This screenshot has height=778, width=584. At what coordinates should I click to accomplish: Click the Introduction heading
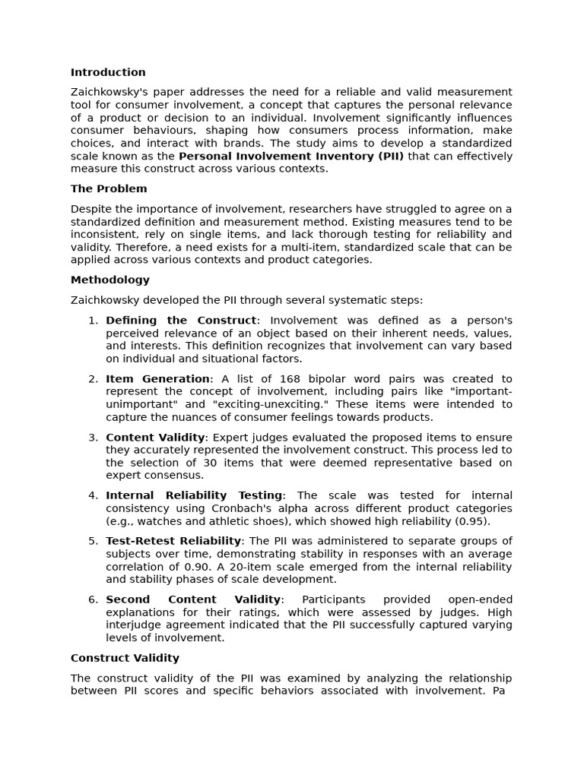pyautogui.click(x=108, y=73)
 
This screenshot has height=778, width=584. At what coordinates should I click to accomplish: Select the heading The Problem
pyautogui.click(x=109, y=189)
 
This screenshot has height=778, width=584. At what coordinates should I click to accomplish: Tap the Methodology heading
pyautogui.click(x=110, y=280)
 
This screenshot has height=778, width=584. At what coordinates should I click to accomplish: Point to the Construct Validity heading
pyautogui.click(x=125, y=659)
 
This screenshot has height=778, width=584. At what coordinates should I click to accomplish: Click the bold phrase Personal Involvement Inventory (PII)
pyautogui.click(x=291, y=157)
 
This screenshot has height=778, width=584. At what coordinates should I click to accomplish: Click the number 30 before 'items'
pyautogui.click(x=237, y=463)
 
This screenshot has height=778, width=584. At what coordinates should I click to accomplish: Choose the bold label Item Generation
pyautogui.click(x=157, y=379)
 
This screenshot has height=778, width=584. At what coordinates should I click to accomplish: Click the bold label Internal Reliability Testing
pyautogui.click(x=194, y=495)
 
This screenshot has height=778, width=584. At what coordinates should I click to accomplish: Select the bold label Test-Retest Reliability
pyautogui.click(x=173, y=541)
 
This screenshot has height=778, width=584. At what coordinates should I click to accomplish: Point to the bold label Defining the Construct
pyautogui.click(x=182, y=321)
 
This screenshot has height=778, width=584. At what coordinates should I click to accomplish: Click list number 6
pyautogui.click(x=93, y=599)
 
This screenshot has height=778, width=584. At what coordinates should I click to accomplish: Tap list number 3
pyautogui.click(x=93, y=438)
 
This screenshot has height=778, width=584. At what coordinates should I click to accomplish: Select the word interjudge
pyautogui.click(x=135, y=625)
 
